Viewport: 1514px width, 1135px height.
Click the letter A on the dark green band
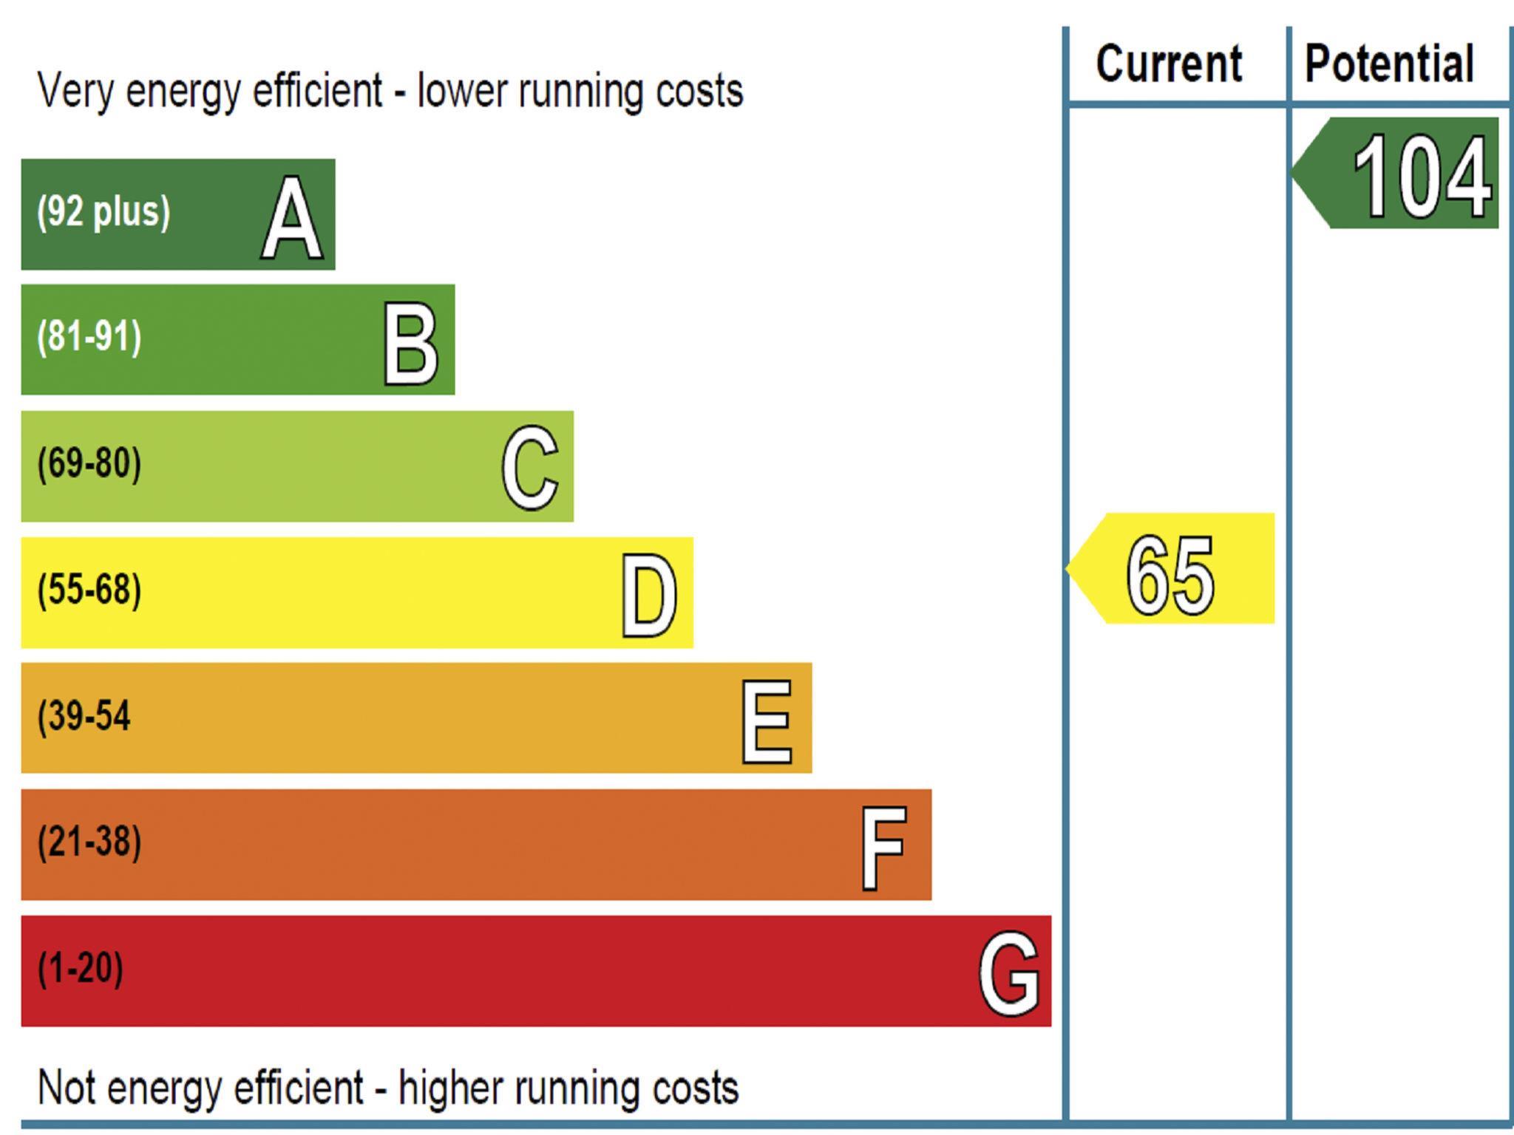[292, 219]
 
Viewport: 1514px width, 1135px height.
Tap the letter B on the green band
[410, 344]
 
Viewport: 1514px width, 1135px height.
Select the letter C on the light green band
[529, 468]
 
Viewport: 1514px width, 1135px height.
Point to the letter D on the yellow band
[648, 596]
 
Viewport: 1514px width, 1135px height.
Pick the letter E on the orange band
[767, 722]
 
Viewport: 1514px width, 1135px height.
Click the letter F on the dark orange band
[883, 848]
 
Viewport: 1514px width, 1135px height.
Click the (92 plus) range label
[103, 212]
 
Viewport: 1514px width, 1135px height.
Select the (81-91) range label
[89, 337]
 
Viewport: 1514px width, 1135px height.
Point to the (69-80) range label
[89, 464]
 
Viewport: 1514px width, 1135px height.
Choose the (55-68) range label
[89, 590]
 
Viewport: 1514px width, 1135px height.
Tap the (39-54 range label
[84, 716]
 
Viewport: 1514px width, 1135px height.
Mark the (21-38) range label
[89, 842]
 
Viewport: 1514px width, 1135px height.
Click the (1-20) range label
[81, 968]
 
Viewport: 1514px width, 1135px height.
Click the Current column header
[1169, 64]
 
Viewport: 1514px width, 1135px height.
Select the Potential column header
[1389, 64]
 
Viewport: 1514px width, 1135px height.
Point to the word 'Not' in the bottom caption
[68, 1087]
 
